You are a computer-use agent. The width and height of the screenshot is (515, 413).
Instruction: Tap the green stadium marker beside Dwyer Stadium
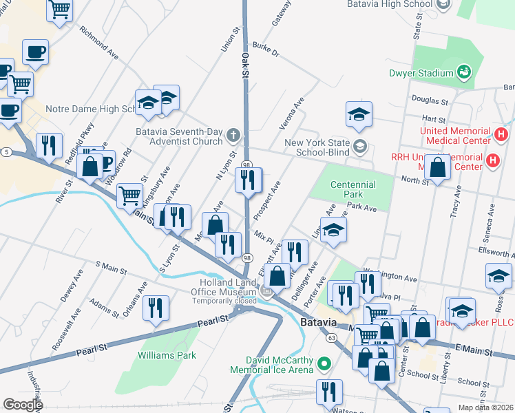(x=465, y=72)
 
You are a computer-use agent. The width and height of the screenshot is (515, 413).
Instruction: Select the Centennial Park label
(x=353, y=185)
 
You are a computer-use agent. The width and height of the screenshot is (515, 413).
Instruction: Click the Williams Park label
(x=167, y=356)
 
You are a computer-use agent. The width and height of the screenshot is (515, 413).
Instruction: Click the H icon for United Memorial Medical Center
(x=501, y=133)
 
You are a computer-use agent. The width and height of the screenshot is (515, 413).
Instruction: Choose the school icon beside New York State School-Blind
(x=359, y=145)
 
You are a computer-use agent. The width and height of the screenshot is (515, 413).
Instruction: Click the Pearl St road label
(x=213, y=321)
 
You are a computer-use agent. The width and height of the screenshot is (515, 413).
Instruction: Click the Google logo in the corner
(x=23, y=404)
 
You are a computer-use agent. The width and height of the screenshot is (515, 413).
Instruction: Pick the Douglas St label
(x=430, y=100)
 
